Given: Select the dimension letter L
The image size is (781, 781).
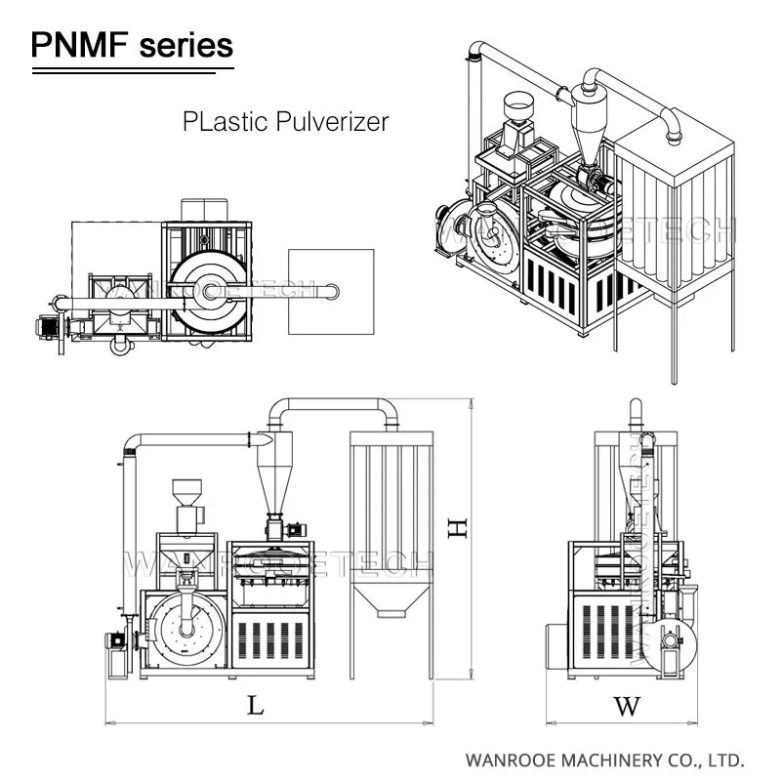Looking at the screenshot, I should tap(255, 705).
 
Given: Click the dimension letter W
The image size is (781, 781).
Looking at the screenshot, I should tap(627, 705).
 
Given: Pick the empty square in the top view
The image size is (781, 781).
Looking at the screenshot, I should tap(332, 291).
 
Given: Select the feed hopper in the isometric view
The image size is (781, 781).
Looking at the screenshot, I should tap(514, 106).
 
